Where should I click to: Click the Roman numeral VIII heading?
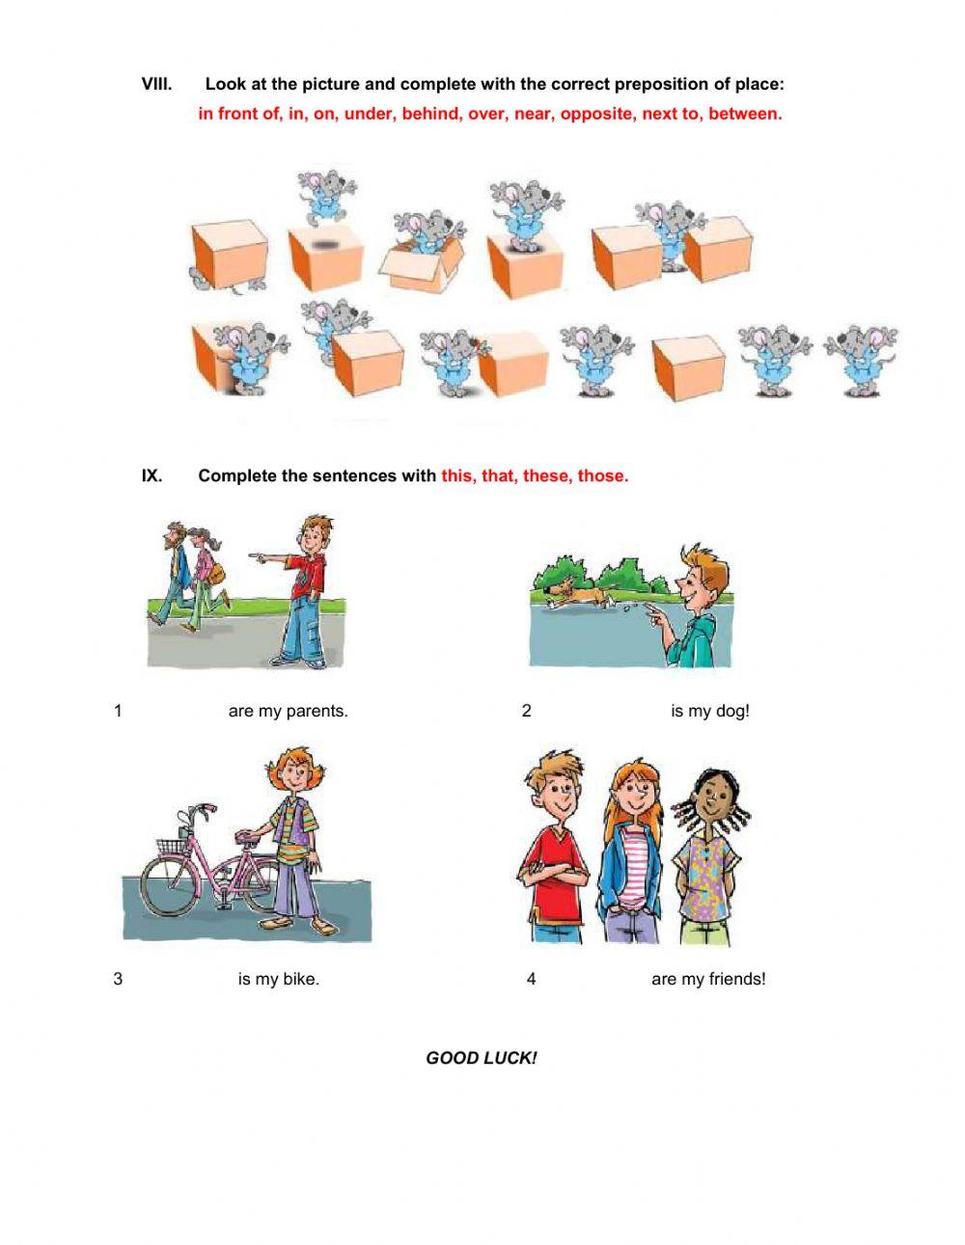point(156,84)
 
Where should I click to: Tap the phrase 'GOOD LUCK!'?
point(481,1058)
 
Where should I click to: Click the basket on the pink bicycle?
point(172,845)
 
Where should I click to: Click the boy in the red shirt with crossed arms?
point(554,849)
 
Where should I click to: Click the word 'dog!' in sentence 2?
point(732,712)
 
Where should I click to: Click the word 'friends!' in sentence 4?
point(736,980)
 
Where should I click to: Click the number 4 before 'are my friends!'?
point(531,980)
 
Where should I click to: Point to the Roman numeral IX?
point(152,475)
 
